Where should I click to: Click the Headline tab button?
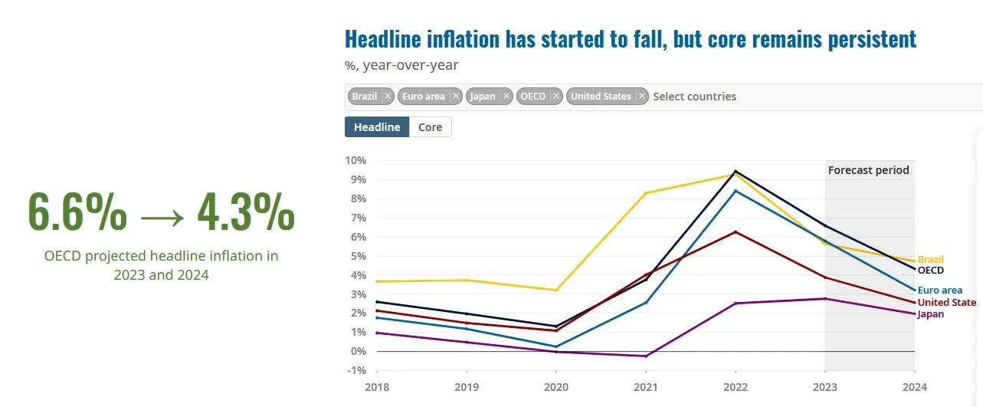click(x=377, y=127)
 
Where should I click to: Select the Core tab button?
click(x=430, y=127)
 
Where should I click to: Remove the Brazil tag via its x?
click(x=388, y=97)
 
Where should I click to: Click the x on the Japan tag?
click(x=506, y=97)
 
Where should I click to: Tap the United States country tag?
click(x=601, y=97)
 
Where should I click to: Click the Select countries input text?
click(x=694, y=97)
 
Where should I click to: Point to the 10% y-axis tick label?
click(x=356, y=160)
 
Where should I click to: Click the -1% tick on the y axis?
click(x=356, y=370)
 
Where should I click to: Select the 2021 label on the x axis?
click(x=646, y=387)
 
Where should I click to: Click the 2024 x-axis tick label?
click(x=914, y=387)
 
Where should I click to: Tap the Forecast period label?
click(x=868, y=170)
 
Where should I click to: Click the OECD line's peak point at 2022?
click(x=736, y=171)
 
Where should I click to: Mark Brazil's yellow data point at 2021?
click(x=646, y=193)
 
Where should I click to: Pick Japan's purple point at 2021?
click(x=646, y=356)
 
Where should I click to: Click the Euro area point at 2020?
click(x=556, y=346)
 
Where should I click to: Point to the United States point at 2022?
click(x=736, y=231)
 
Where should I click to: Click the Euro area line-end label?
click(x=939, y=290)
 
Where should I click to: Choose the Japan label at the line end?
click(x=930, y=313)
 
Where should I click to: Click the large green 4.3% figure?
click(x=245, y=211)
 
